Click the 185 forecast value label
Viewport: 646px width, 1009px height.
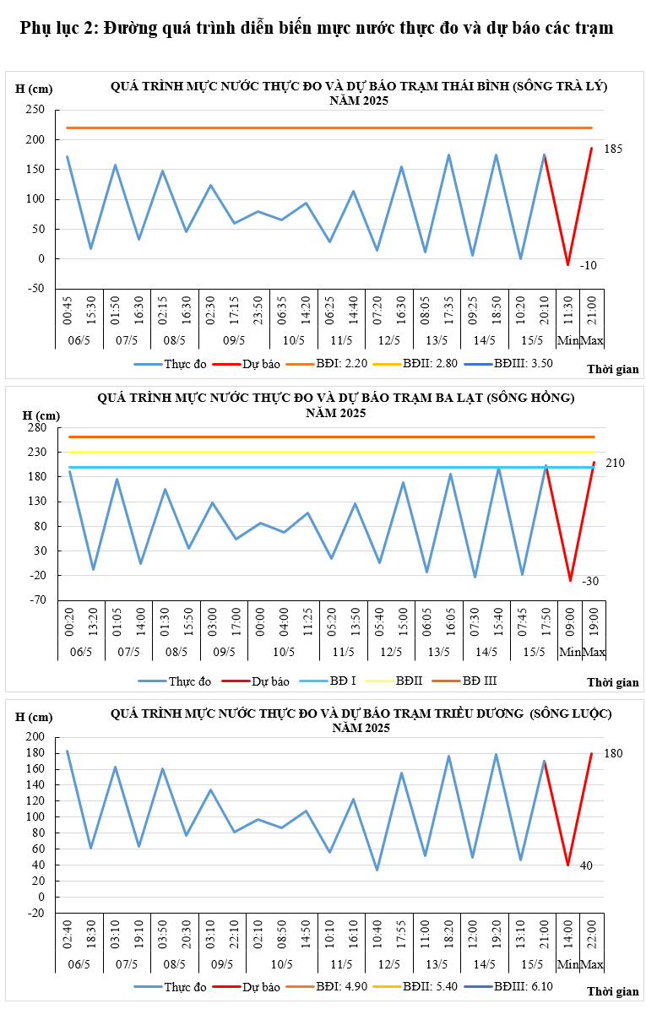pos(614,149)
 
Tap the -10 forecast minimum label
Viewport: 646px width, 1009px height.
pos(588,265)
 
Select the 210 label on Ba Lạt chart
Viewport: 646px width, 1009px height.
pos(615,463)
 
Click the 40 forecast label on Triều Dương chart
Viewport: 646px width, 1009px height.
pos(586,865)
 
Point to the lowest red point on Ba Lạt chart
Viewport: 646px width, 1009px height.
pos(570,581)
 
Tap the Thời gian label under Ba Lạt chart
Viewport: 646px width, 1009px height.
pos(613,682)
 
